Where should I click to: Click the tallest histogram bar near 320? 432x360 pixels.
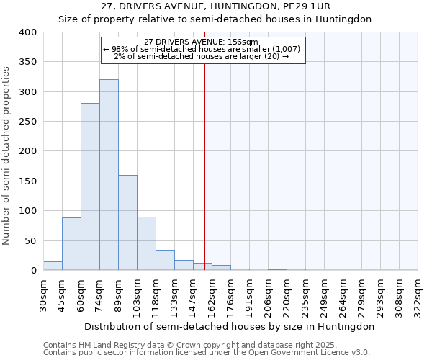point(109,175)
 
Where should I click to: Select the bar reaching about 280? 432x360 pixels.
point(90,187)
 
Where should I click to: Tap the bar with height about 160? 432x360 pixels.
point(127,222)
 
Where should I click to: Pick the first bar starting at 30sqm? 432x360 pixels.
point(53,266)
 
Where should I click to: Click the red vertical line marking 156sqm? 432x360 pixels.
point(204,166)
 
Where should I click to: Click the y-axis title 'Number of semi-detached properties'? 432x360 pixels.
point(7,155)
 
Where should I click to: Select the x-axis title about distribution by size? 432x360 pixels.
point(230,326)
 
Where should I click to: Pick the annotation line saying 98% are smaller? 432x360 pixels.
point(204,49)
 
